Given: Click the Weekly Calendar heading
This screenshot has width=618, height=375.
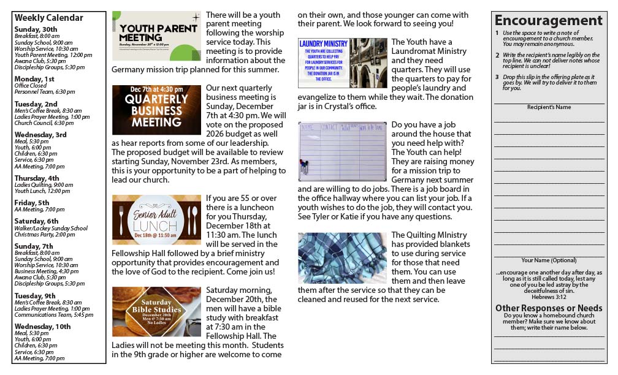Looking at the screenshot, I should pos(48,18).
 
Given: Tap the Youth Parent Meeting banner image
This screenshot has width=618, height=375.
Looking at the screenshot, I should pos(156,36).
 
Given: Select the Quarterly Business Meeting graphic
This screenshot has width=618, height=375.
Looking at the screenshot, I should pos(156,110).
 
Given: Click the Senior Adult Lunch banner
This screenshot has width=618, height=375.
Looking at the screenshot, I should pos(156,219).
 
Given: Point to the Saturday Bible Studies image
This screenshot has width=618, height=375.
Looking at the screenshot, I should pos(156,311).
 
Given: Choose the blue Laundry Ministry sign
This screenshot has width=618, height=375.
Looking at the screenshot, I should pos(323,63).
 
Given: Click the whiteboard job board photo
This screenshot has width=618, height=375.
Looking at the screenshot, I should pos(342,151).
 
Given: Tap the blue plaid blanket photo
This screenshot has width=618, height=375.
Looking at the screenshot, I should pos(342,258).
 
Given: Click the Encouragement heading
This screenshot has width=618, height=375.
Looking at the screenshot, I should pos(549,20).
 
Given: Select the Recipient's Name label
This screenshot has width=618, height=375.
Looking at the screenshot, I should pos(549,107).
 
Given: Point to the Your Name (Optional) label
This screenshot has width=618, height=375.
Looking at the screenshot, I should pos(549,260).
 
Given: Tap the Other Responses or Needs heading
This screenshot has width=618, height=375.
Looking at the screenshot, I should pos(549,308).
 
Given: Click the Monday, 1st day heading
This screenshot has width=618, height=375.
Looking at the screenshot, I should pos(34,79).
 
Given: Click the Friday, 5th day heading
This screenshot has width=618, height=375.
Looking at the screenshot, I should pos(32,203).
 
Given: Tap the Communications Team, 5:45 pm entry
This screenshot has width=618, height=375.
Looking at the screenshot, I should pos(54,315).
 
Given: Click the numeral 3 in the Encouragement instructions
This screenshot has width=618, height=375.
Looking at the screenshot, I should pos(497,77).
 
